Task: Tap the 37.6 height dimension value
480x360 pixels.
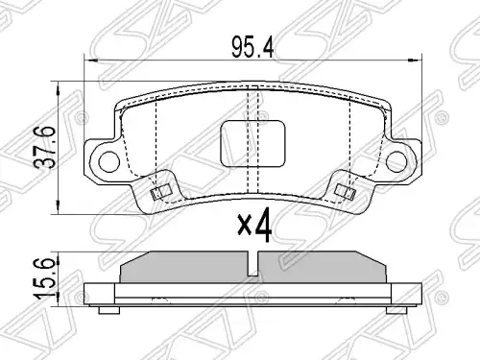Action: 45,148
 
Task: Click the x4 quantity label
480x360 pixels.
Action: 254,226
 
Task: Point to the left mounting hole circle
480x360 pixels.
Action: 109,162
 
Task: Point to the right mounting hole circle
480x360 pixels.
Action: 396,162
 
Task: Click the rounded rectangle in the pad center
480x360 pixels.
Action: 252,143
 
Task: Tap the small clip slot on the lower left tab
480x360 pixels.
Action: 160,192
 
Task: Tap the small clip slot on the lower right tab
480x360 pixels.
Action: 345,192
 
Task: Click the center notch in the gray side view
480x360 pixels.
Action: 253,264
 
